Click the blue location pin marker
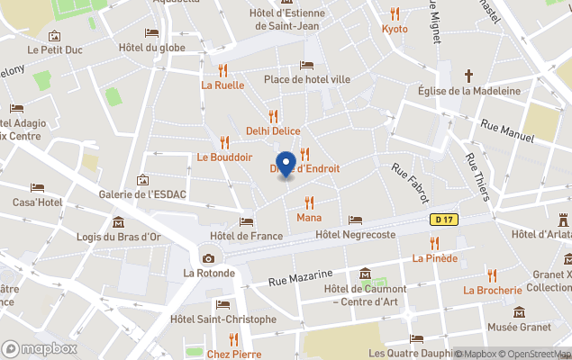pos(286,165)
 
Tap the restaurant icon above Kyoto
pos(395,13)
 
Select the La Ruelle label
pos(222,85)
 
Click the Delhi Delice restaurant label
pos(273,130)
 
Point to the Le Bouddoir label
pos(224,157)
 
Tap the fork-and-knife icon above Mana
pos(309,202)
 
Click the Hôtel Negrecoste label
pos(356,235)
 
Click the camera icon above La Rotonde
pos(209,258)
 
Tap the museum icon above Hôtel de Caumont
pos(365,274)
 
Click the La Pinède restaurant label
pos(435,258)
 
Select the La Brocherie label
pos(493,290)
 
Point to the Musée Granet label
pos(520,328)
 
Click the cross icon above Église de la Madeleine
pos(468,76)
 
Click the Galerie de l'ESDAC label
pos(142,194)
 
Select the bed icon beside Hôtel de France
pos(246,221)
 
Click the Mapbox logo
pos(40,348)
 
